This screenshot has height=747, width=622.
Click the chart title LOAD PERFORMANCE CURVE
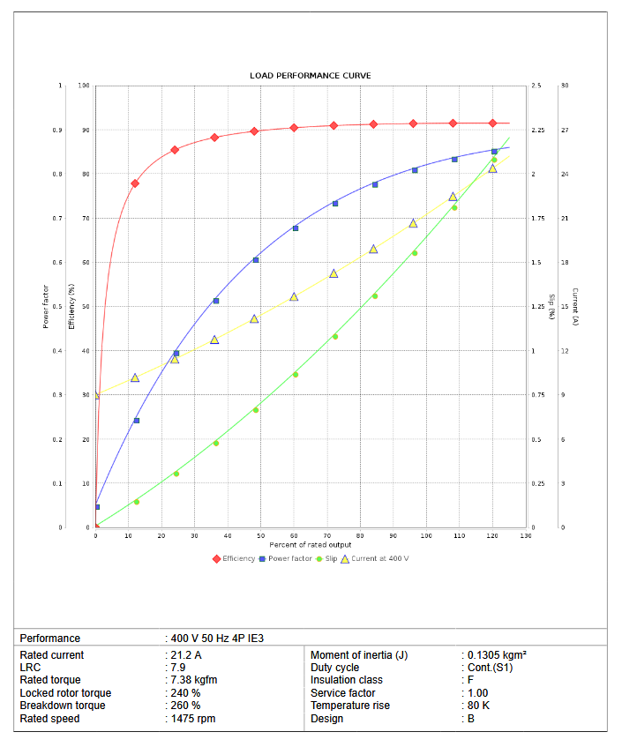(x=310, y=76)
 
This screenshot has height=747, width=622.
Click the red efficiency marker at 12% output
(x=135, y=183)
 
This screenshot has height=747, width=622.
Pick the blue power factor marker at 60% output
(x=296, y=228)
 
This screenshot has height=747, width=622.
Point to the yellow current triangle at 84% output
(x=373, y=250)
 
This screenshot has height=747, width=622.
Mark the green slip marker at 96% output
(x=414, y=253)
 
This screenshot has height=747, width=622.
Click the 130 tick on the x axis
(x=526, y=536)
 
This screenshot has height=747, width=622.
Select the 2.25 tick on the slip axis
(x=538, y=131)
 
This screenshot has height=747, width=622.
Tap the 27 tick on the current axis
(x=565, y=131)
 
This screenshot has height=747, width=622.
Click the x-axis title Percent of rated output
(x=311, y=545)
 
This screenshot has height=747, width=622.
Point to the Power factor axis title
(x=46, y=306)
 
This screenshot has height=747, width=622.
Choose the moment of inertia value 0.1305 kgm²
(x=497, y=655)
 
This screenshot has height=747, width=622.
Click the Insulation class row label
(x=346, y=680)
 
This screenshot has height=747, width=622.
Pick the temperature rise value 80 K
(x=478, y=706)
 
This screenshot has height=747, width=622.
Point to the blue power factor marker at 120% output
(x=494, y=152)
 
